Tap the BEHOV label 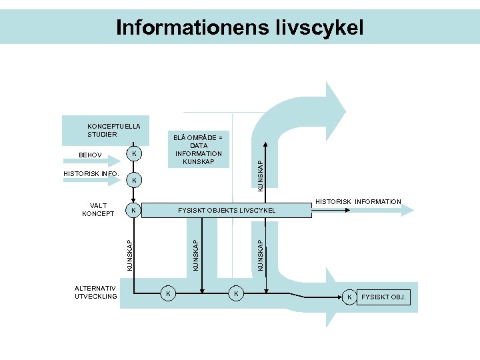coord(90,155)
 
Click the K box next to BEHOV coord(135,155)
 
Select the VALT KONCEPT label coord(98,209)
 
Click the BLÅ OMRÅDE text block coord(199,149)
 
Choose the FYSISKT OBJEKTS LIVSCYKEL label coord(227,211)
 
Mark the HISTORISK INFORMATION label coord(358,201)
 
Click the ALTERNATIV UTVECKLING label coord(96,293)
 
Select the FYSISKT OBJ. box coord(385,296)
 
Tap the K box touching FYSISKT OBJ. coord(349,296)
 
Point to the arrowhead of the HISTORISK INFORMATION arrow coord(407,210)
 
